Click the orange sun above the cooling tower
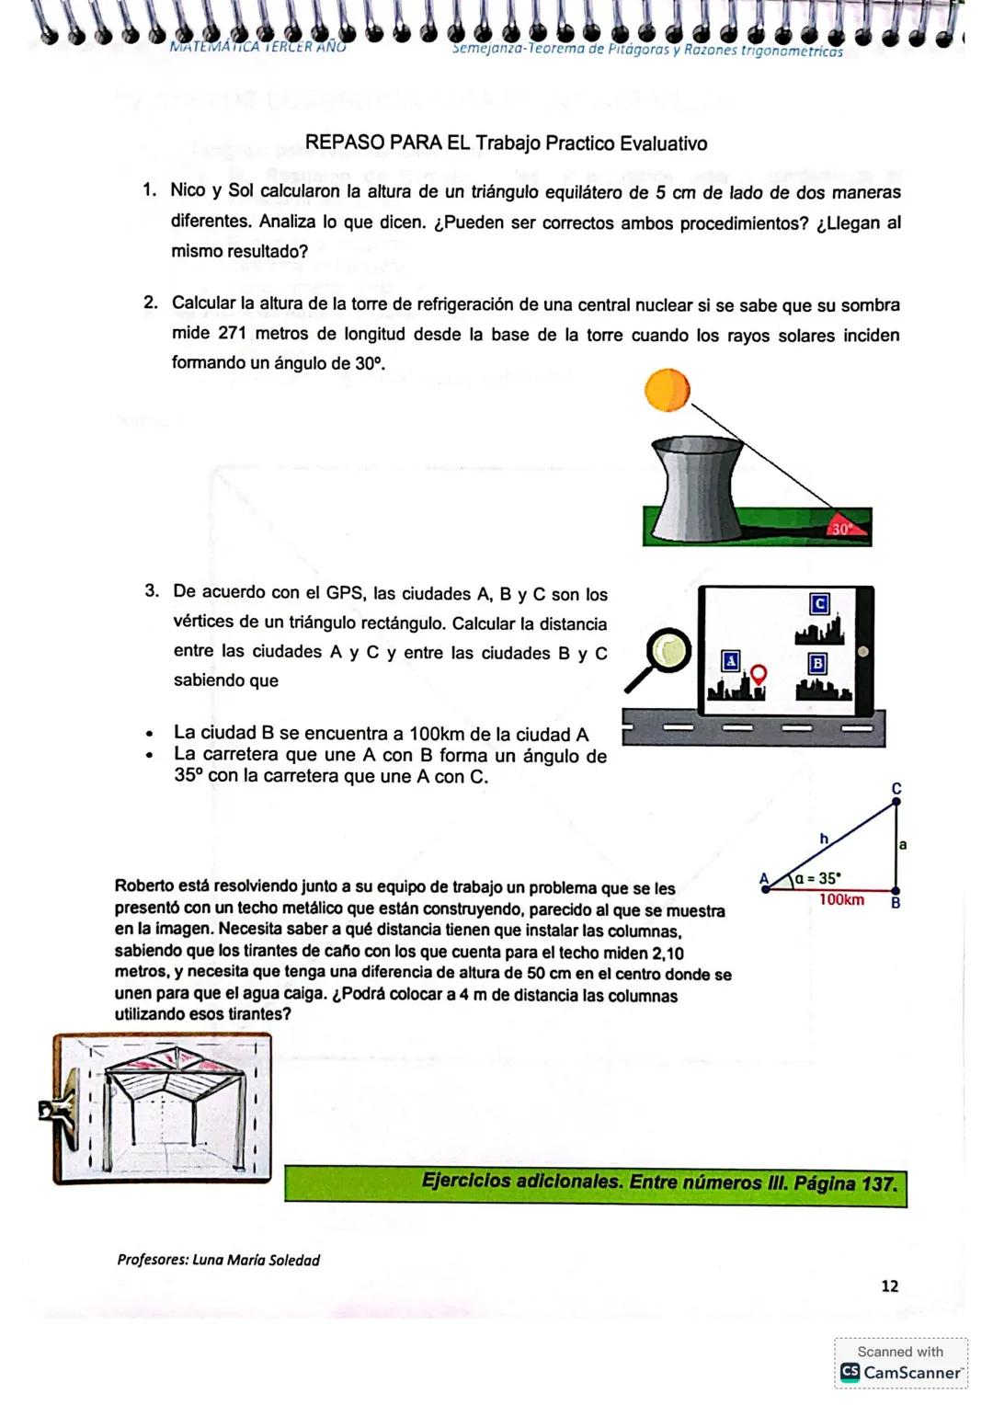point(668,390)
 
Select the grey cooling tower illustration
point(696,489)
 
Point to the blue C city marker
point(819,603)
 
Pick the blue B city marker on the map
point(817,663)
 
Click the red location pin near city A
point(759,674)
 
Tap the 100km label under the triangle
point(841,900)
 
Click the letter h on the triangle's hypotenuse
point(824,838)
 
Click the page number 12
point(889,1285)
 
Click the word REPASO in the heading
point(345,143)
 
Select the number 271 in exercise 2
point(233,333)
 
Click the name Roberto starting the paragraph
point(144,886)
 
